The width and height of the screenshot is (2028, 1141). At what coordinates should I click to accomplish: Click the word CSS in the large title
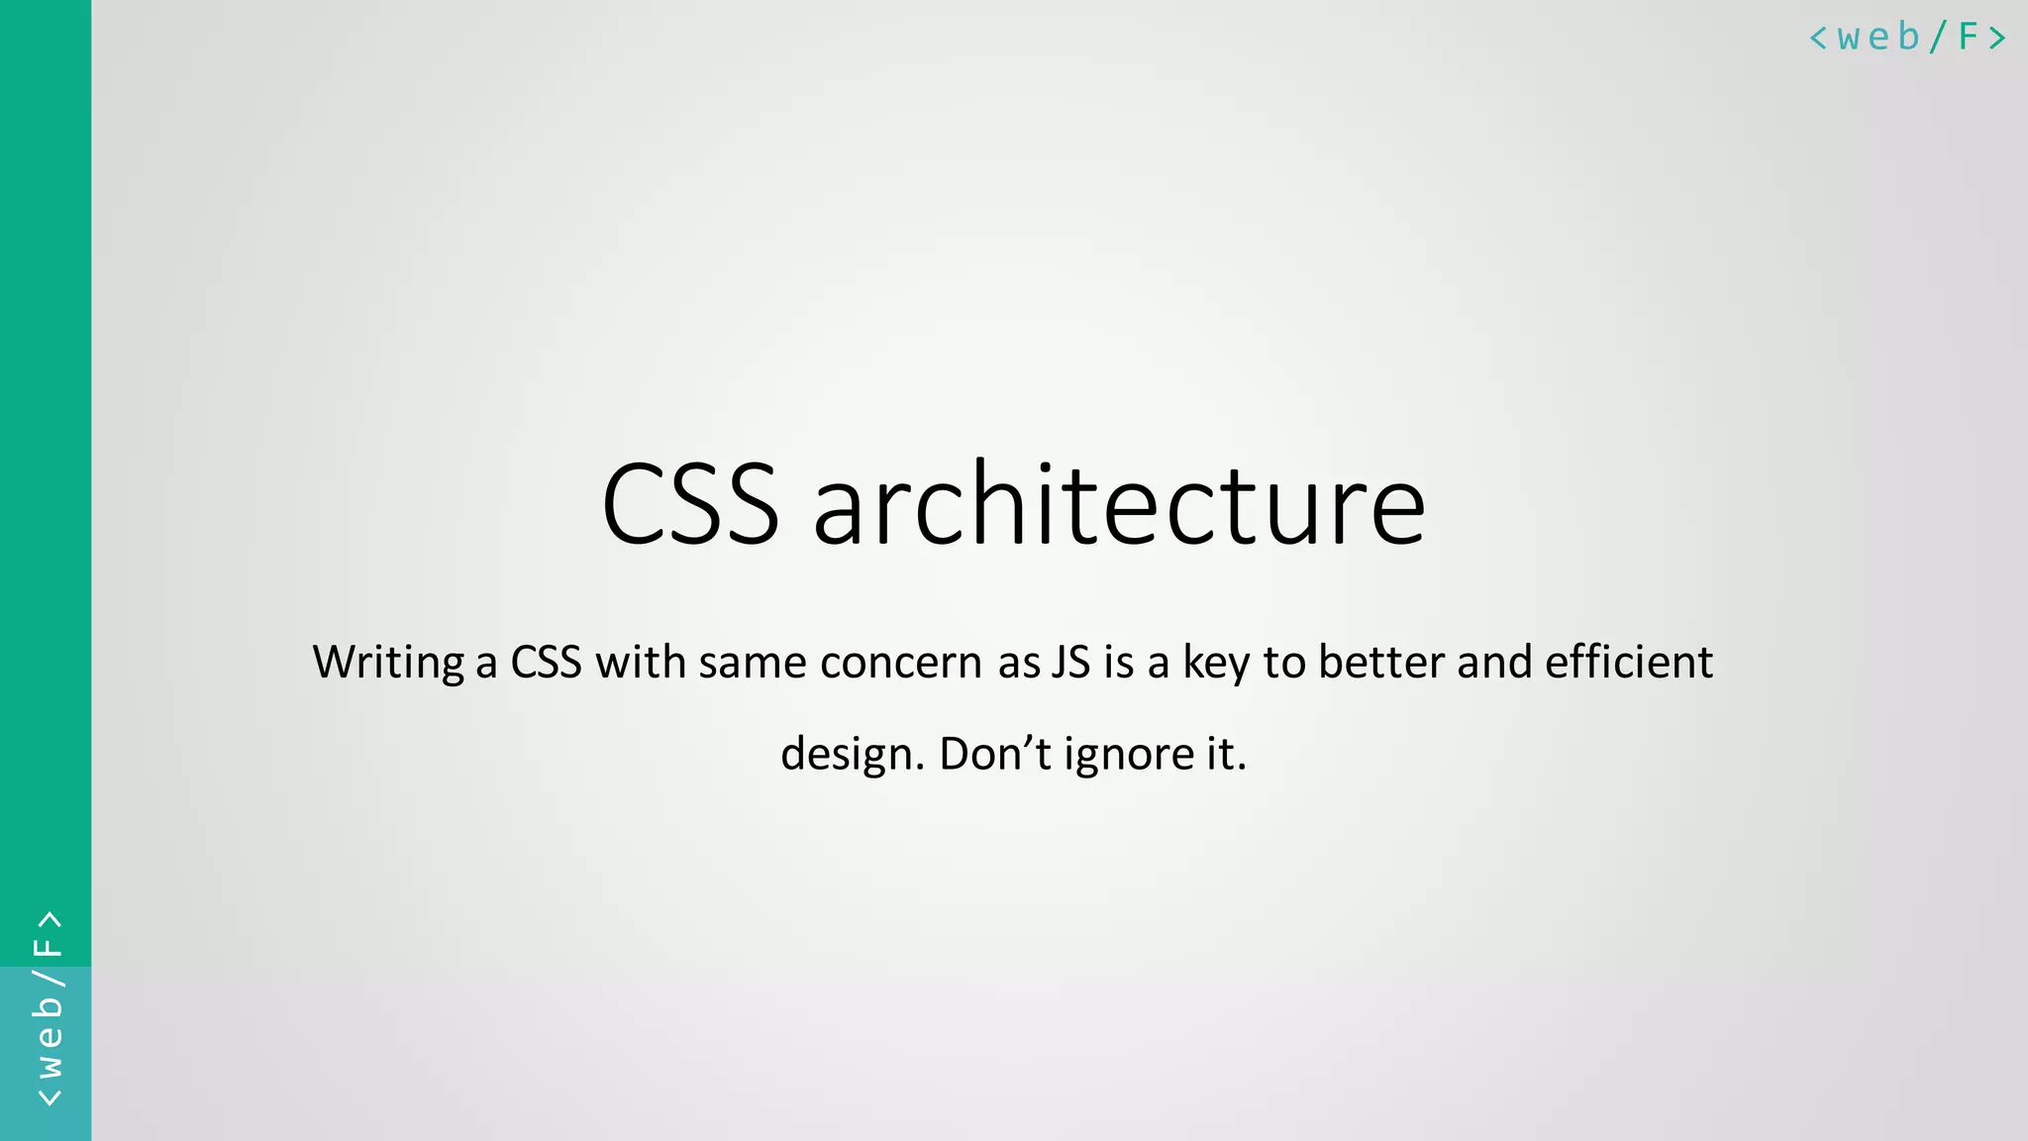coord(690,504)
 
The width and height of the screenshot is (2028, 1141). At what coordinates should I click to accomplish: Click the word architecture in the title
coord(1119,504)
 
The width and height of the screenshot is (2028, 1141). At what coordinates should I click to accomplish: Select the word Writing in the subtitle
coord(388,663)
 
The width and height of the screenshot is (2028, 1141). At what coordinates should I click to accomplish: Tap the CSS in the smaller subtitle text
coord(546,662)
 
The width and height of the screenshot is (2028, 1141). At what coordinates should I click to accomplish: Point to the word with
coord(640,662)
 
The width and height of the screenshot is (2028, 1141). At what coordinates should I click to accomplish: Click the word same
coord(752,662)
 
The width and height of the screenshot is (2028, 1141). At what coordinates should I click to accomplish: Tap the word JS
coord(1070,662)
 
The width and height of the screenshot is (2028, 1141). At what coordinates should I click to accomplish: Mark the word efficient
coord(1629,662)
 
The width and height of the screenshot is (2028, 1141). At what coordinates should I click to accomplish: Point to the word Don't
coord(994,753)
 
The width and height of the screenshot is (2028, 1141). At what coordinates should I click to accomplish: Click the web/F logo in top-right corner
coord(1907,38)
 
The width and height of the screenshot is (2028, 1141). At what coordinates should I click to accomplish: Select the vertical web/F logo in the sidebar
coord(48,1008)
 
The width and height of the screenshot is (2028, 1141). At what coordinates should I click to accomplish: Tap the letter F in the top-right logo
coord(1968,38)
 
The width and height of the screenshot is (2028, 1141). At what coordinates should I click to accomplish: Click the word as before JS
coord(1019,663)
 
